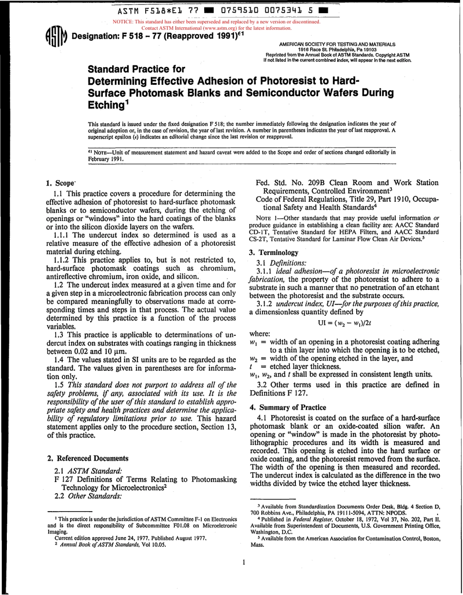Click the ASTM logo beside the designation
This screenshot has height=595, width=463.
pyautogui.click(x=55, y=37)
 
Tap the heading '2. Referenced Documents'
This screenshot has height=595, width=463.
pyautogui.click(x=88, y=458)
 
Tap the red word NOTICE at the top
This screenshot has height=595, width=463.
pyautogui.click(x=123, y=22)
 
